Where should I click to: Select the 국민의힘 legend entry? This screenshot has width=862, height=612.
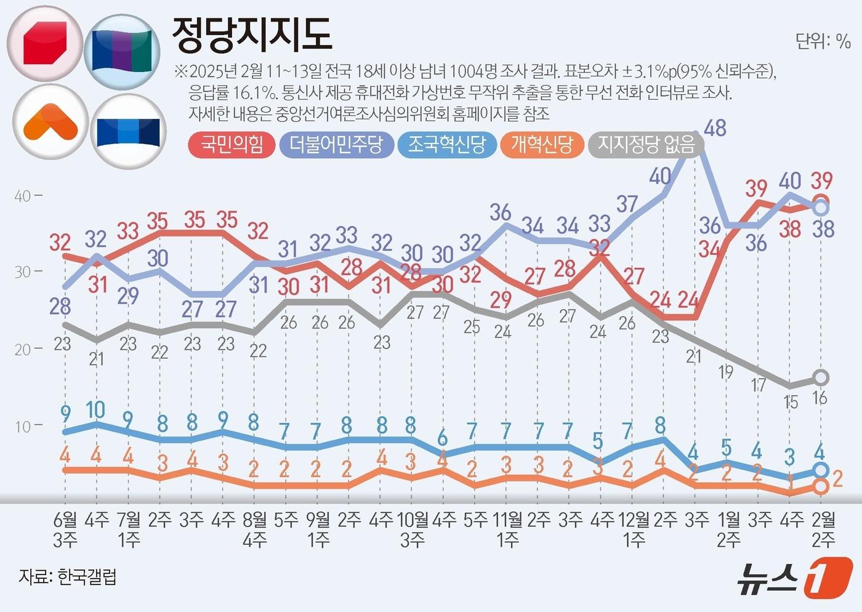tap(232, 145)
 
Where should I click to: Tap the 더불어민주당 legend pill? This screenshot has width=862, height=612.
tap(336, 145)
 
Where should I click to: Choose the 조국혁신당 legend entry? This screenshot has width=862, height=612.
tap(446, 145)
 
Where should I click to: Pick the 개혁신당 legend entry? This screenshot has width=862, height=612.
tap(541, 145)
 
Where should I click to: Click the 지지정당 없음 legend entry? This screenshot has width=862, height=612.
tap(646, 145)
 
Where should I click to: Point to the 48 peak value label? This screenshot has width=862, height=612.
tap(715, 128)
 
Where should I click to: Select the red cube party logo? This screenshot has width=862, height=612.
tap(44, 44)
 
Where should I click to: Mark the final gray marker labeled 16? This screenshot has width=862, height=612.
tap(821, 377)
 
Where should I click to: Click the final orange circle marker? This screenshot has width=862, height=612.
tap(820, 486)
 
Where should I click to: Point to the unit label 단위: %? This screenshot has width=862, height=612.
tap(823, 41)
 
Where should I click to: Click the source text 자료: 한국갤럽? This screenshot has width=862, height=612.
tap(68, 577)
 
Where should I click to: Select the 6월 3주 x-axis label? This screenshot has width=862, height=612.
tap(65, 529)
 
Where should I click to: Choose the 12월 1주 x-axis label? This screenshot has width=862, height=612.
tap(633, 529)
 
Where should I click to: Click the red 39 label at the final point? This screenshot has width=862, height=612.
tap(821, 180)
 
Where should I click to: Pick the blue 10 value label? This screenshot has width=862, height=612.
tap(95, 409)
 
